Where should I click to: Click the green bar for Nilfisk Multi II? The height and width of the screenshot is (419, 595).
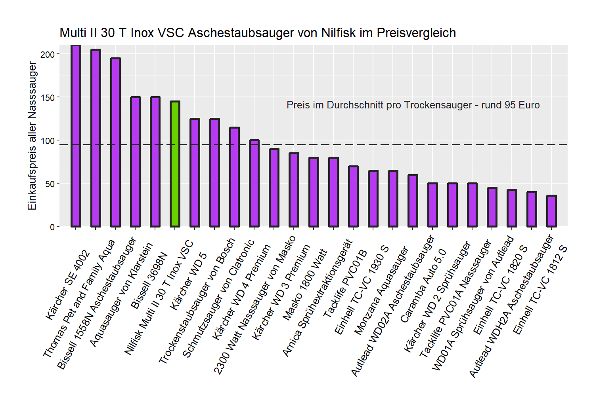click(175, 164)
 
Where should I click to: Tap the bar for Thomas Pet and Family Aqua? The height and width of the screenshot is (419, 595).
click(96, 138)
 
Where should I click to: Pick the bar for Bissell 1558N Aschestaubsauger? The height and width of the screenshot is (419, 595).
click(115, 142)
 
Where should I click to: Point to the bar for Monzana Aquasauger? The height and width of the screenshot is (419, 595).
click(393, 199)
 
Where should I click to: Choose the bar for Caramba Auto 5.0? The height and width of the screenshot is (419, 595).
click(432, 205)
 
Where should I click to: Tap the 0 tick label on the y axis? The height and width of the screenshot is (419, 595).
click(52, 227)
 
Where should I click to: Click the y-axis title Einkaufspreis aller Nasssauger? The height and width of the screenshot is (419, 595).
click(32, 136)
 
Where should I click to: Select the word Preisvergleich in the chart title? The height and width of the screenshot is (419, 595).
click(416, 32)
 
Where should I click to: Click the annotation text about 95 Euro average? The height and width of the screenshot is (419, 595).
click(413, 105)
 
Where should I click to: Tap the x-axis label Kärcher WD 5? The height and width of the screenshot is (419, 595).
click(188, 282)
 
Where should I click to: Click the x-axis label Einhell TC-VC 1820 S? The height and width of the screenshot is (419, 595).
click(500, 290)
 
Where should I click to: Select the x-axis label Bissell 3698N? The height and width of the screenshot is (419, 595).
click(149, 282)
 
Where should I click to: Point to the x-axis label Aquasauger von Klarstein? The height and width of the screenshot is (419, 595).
click(121, 295)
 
